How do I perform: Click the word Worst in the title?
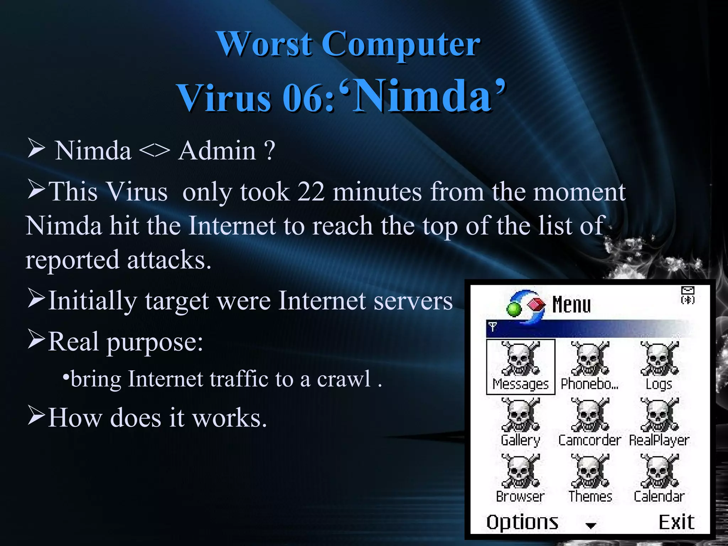pos(265,44)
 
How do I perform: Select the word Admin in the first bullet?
pos(217,150)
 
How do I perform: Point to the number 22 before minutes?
pos(311,192)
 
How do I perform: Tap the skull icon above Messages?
pos(520,358)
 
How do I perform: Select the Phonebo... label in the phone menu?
pos(589,384)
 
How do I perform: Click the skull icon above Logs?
pos(659,358)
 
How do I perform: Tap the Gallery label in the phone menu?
pos(520,440)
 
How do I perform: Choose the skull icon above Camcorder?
pos(590,414)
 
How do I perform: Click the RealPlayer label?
pos(659,440)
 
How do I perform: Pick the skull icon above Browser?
pos(520,471)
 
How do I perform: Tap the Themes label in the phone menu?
pos(590,496)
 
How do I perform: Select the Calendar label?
pos(659,496)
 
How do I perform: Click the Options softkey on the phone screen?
pos(522,523)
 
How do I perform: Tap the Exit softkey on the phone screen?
pos(676,522)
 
